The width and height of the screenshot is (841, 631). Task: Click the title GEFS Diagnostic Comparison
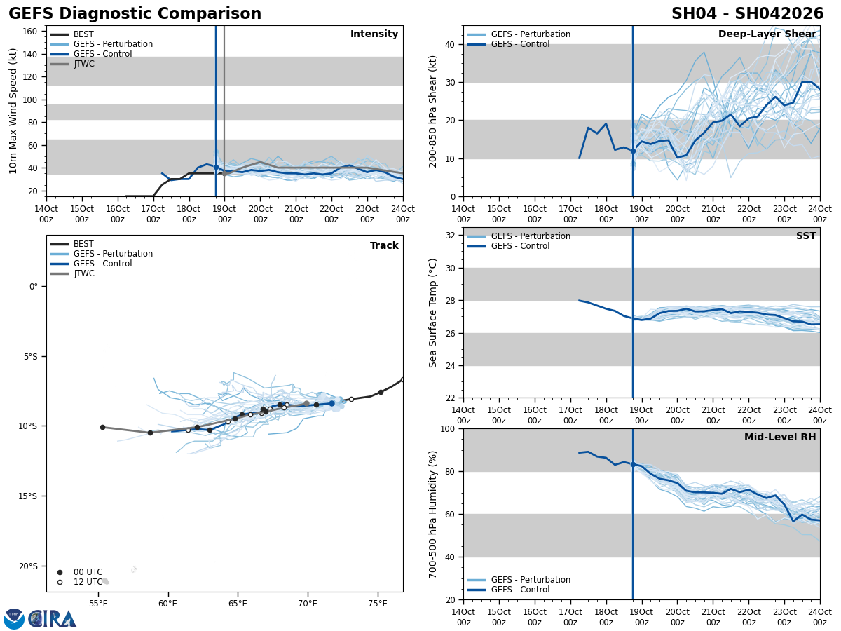point(135,14)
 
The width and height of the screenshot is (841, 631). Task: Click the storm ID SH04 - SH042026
point(747,14)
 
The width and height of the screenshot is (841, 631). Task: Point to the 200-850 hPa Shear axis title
point(434,111)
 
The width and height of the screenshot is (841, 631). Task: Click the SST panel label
point(805,236)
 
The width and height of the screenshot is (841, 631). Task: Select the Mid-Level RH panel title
point(779,437)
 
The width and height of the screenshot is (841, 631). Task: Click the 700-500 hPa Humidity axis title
point(434,514)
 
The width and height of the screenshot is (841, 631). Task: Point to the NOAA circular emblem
point(14,619)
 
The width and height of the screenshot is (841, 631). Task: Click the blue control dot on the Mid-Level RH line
point(633,464)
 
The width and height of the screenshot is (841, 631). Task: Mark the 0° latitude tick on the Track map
point(33,287)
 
